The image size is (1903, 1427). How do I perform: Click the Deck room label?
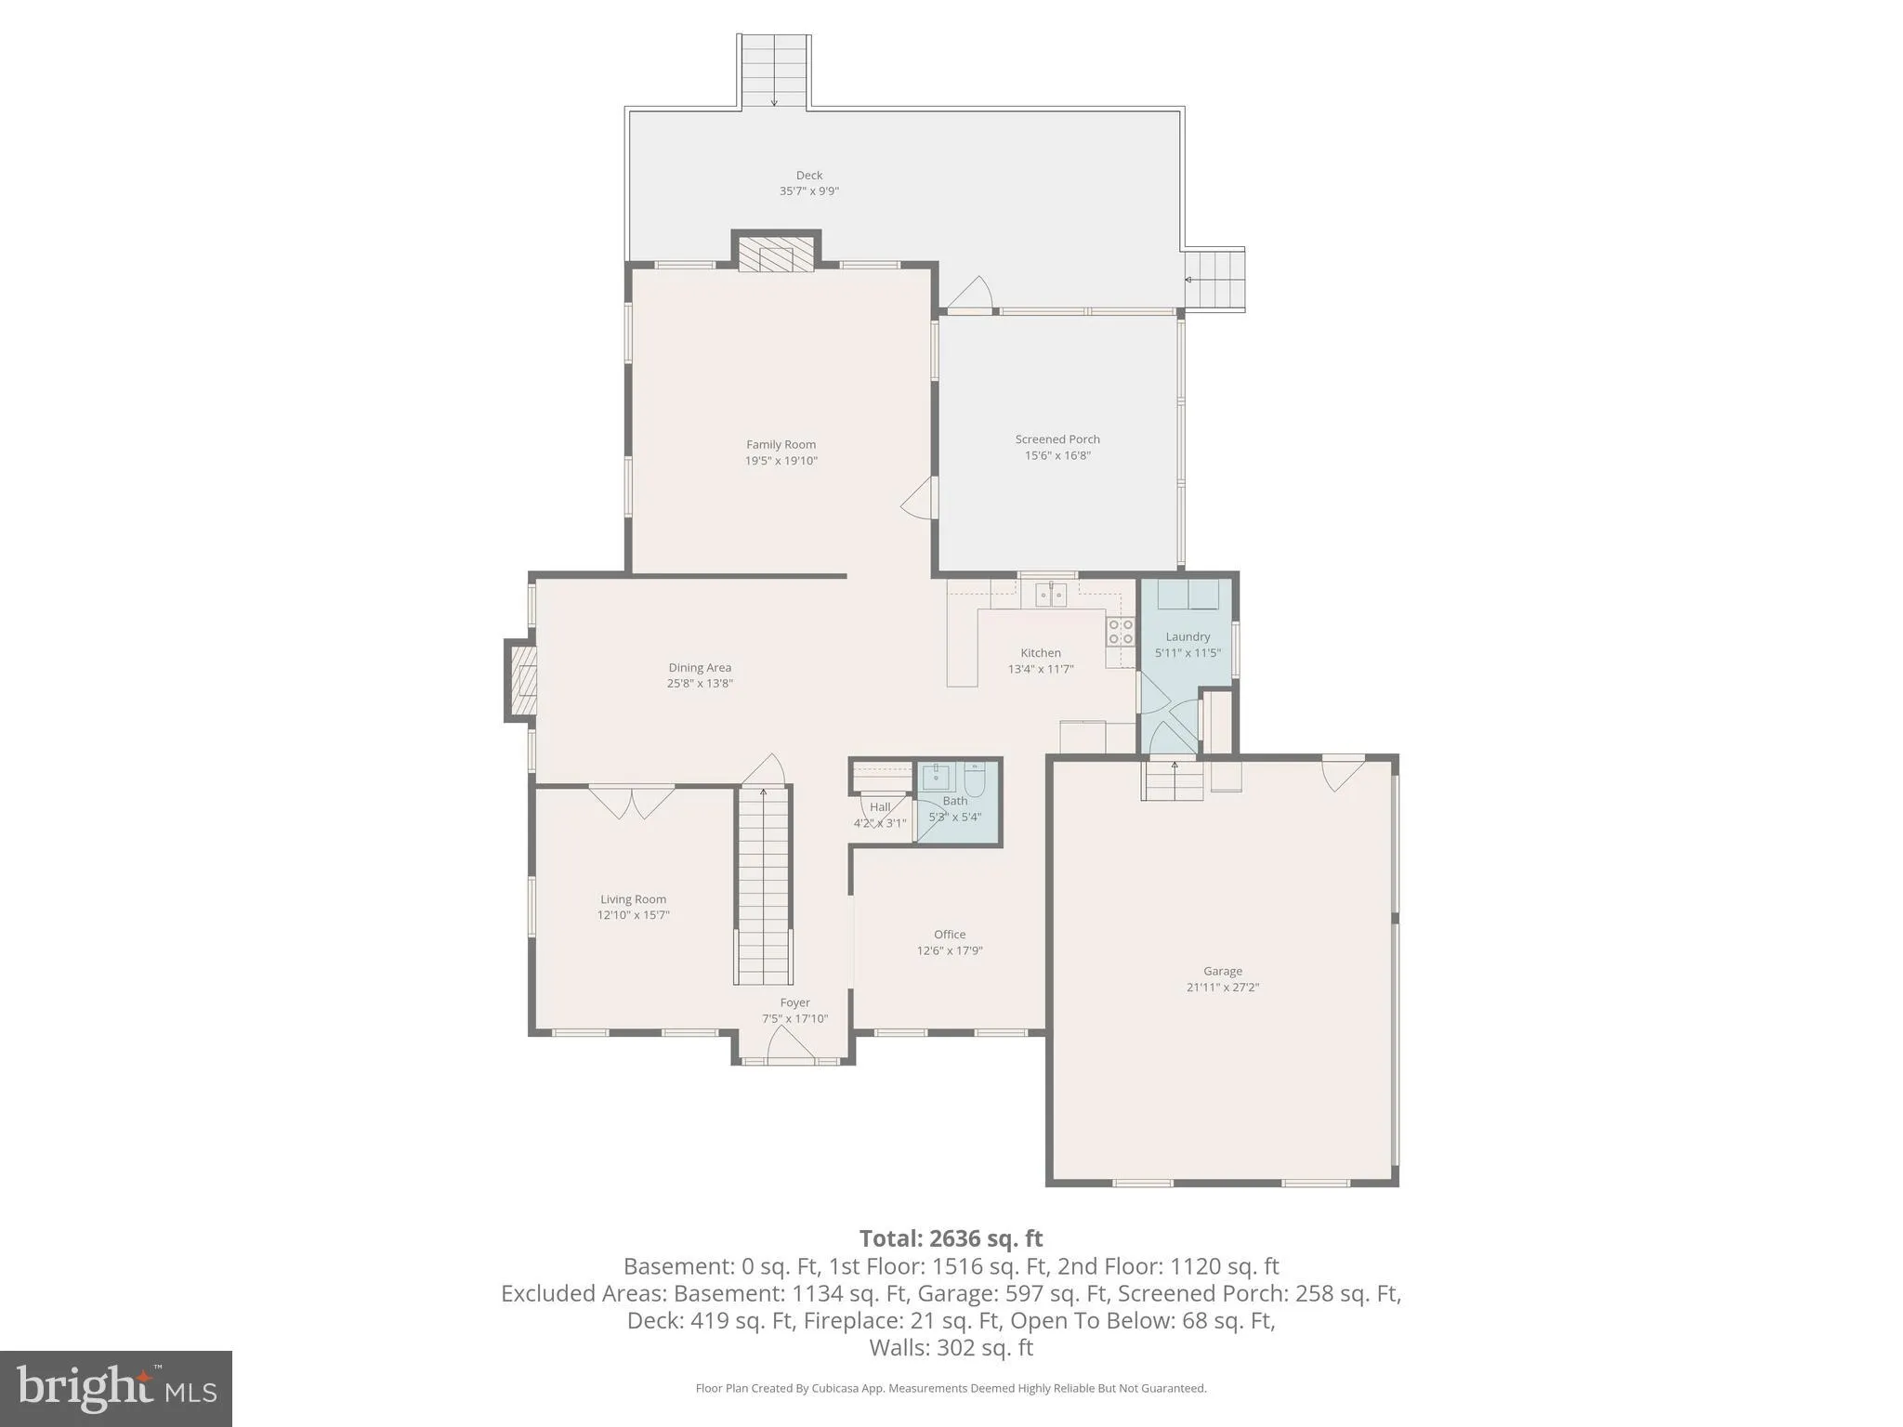pyautogui.click(x=809, y=176)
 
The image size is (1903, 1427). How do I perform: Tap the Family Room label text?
pyautogui.click(x=781, y=445)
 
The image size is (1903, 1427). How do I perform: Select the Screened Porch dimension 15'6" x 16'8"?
pyautogui.click(x=1057, y=455)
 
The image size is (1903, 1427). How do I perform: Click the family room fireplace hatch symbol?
pyautogui.click(x=776, y=254)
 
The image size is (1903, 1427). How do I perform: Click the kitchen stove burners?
pyautogui.click(x=1121, y=632)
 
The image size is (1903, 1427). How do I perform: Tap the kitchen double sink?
pyautogui.click(x=1051, y=593)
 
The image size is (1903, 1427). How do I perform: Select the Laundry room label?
pyautogui.click(x=1188, y=637)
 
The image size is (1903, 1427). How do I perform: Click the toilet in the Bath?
pyautogui.click(x=975, y=779)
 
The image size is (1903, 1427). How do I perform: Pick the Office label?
pyautogui.click(x=950, y=935)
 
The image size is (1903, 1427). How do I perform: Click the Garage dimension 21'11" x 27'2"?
pyautogui.click(x=1223, y=988)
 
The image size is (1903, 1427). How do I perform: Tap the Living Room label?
pyautogui.click(x=634, y=899)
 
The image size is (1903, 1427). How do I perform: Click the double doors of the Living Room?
pyautogui.click(x=632, y=802)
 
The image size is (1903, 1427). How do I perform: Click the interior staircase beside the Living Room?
pyautogui.click(x=764, y=886)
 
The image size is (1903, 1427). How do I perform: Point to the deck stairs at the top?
pyautogui.click(x=775, y=72)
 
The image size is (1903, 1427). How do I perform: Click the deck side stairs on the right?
pyautogui.click(x=1214, y=280)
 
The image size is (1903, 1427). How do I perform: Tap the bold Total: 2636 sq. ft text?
pyautogui.click(x=951, y=1239)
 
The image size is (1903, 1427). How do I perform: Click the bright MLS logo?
pyautogui.click(x=116, y=1388)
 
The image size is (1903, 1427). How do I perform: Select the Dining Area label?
pyautogui.click(x=700, y=668)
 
